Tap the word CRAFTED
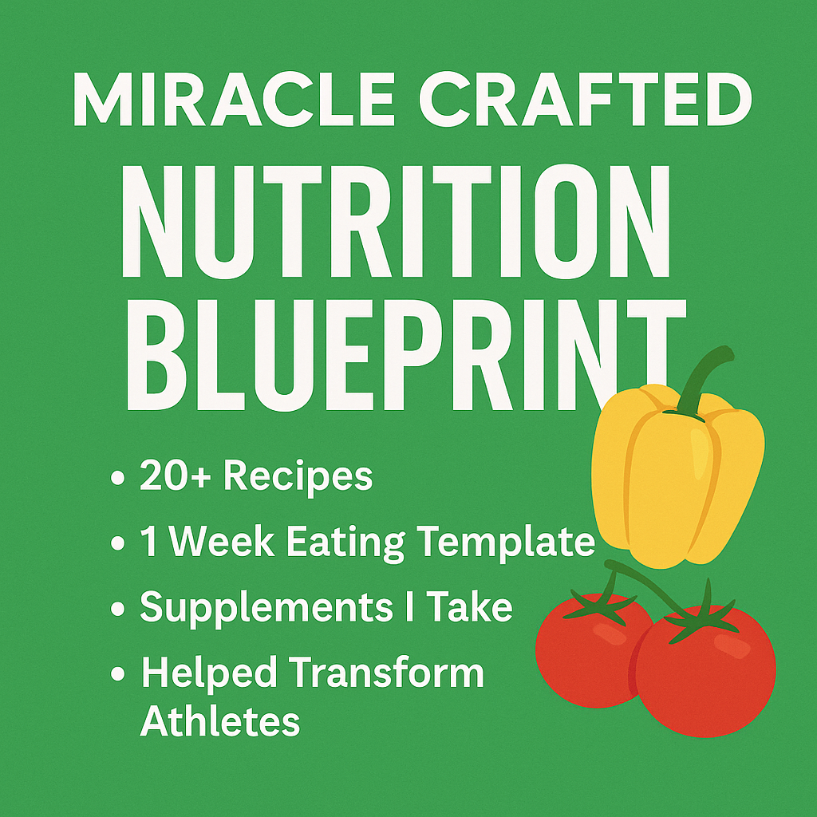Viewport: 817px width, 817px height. click(585, 99)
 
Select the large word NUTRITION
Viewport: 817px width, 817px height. click(396, 222)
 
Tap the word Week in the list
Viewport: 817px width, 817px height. click(222, 542)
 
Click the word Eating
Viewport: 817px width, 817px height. click(345, 544)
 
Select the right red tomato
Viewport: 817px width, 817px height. click(706, 671)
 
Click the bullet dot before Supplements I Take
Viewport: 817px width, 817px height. click(118, 609)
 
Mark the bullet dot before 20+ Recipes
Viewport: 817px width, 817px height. click(118, 477)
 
